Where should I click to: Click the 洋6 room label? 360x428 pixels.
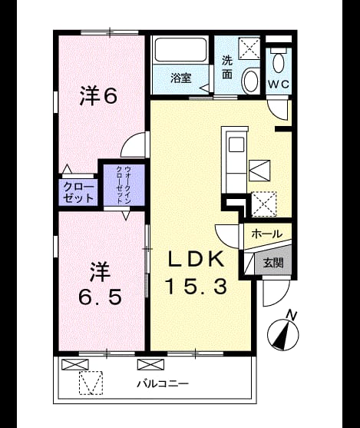point(99,95)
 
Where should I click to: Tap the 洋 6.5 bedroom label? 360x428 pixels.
point(100,284)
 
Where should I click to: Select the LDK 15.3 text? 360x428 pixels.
point(197,273)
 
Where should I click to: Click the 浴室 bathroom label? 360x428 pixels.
point(181,78)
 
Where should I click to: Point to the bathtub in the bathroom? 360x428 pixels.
point(180,50)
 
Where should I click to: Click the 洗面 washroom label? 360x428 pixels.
point(227,67)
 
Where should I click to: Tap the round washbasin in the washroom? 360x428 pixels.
point(250,80)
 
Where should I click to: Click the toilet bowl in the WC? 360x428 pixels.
point(279,63)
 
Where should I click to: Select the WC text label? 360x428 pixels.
point(278,84)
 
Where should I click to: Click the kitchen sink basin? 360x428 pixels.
point(236,144)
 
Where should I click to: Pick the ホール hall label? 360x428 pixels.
point(266,234)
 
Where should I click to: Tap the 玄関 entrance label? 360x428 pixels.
point(273,263)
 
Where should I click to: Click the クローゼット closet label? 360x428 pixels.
point(78,193)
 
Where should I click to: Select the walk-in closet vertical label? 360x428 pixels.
point(124,185)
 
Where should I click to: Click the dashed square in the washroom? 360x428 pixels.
point(249,48)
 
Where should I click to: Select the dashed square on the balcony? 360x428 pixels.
point(91,383)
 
